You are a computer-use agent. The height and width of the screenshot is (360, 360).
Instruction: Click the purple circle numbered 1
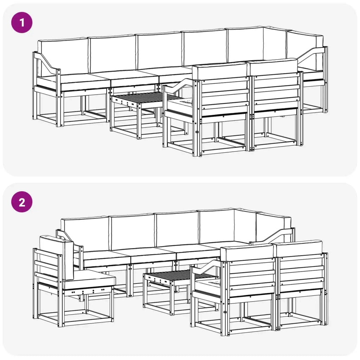coord(22,22)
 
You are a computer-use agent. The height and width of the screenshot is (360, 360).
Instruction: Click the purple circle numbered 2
coord(22,202)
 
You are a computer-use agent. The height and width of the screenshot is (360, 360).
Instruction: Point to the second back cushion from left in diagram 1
coord(112,54)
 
